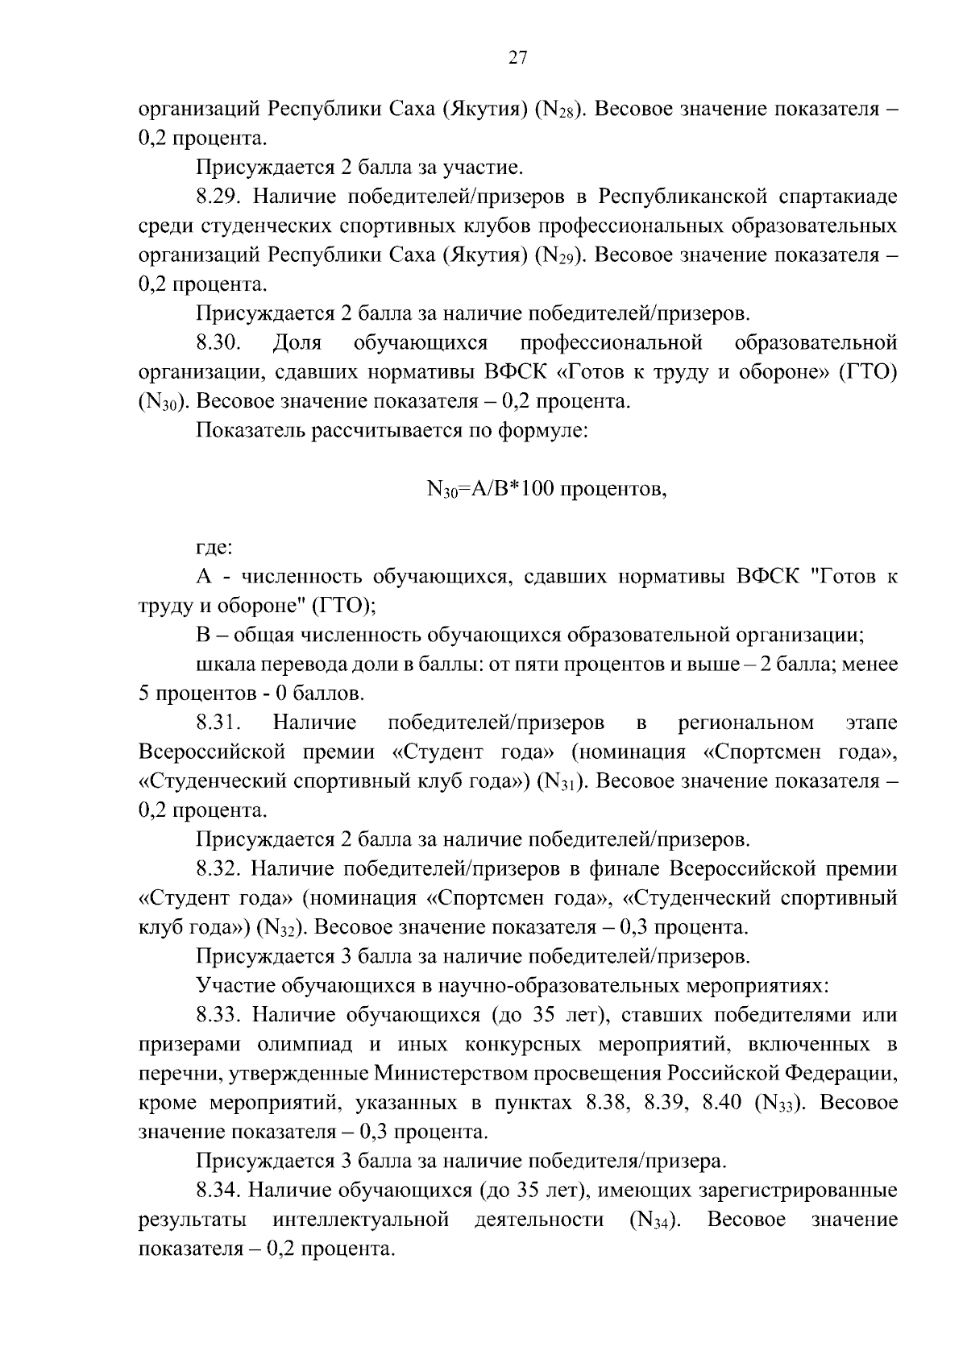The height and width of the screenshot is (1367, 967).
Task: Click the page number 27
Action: click(x=517, y=57)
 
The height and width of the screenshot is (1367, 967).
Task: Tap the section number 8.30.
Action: click(x=218, y=343)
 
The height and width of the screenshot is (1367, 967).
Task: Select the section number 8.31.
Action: click(x=218, y=723)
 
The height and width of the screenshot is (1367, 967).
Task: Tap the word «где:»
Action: click(x=214, y=548)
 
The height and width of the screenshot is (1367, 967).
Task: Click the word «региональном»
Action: click(x=747, y=723)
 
